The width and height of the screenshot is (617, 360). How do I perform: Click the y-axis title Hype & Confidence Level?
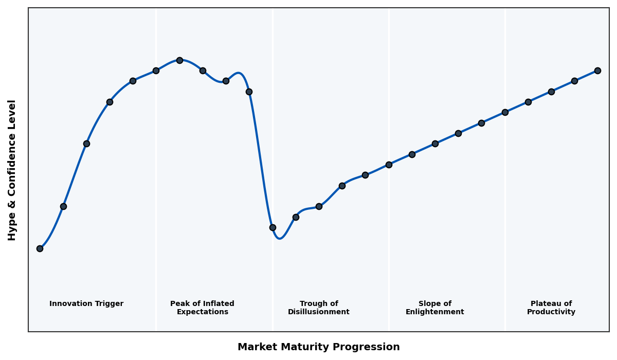(x=12, y=170)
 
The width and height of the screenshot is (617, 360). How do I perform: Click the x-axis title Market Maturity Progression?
(x=318, y=347)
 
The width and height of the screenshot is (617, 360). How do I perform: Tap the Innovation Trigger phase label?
(x=86, y=304)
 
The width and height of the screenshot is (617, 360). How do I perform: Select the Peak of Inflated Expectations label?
(x=202, y=308)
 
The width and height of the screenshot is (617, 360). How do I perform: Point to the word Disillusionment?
(x=318, y=312)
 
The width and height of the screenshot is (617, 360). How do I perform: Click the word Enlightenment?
(x=434, y=312)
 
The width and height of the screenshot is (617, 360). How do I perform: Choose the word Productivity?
(x=551, y=312)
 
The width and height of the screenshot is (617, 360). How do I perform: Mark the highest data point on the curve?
(x=179, y=60)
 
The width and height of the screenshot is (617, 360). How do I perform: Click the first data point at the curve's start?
(x=40, y=248)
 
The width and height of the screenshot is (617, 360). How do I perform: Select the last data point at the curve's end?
(x=597, y=70)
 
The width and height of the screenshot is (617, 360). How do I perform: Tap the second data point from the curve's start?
(x=63, y=206)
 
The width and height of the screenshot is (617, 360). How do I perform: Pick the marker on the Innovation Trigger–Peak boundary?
(x=156, y=70)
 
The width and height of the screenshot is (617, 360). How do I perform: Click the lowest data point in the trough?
(x=273, y=227)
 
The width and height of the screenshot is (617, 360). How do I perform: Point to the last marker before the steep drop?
(x=249, y=92)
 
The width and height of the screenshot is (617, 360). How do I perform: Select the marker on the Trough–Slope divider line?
(x=389, y=165)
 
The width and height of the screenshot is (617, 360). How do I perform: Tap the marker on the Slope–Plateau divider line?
(x=505, y=112)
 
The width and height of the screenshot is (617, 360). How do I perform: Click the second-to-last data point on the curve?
(x=574, y=81)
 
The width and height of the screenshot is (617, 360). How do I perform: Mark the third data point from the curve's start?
(x=86, y=143)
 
